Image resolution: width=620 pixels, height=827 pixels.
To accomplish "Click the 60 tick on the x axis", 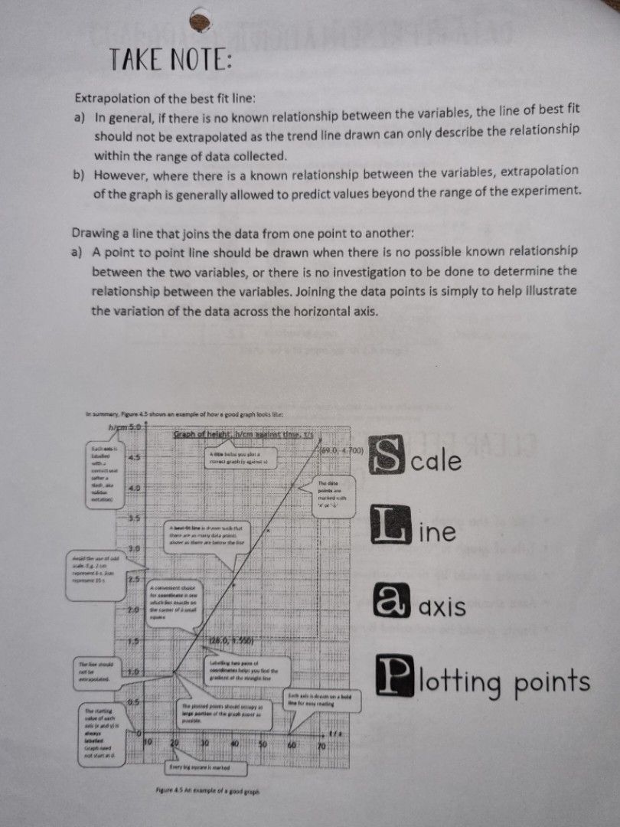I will [292, 743].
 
